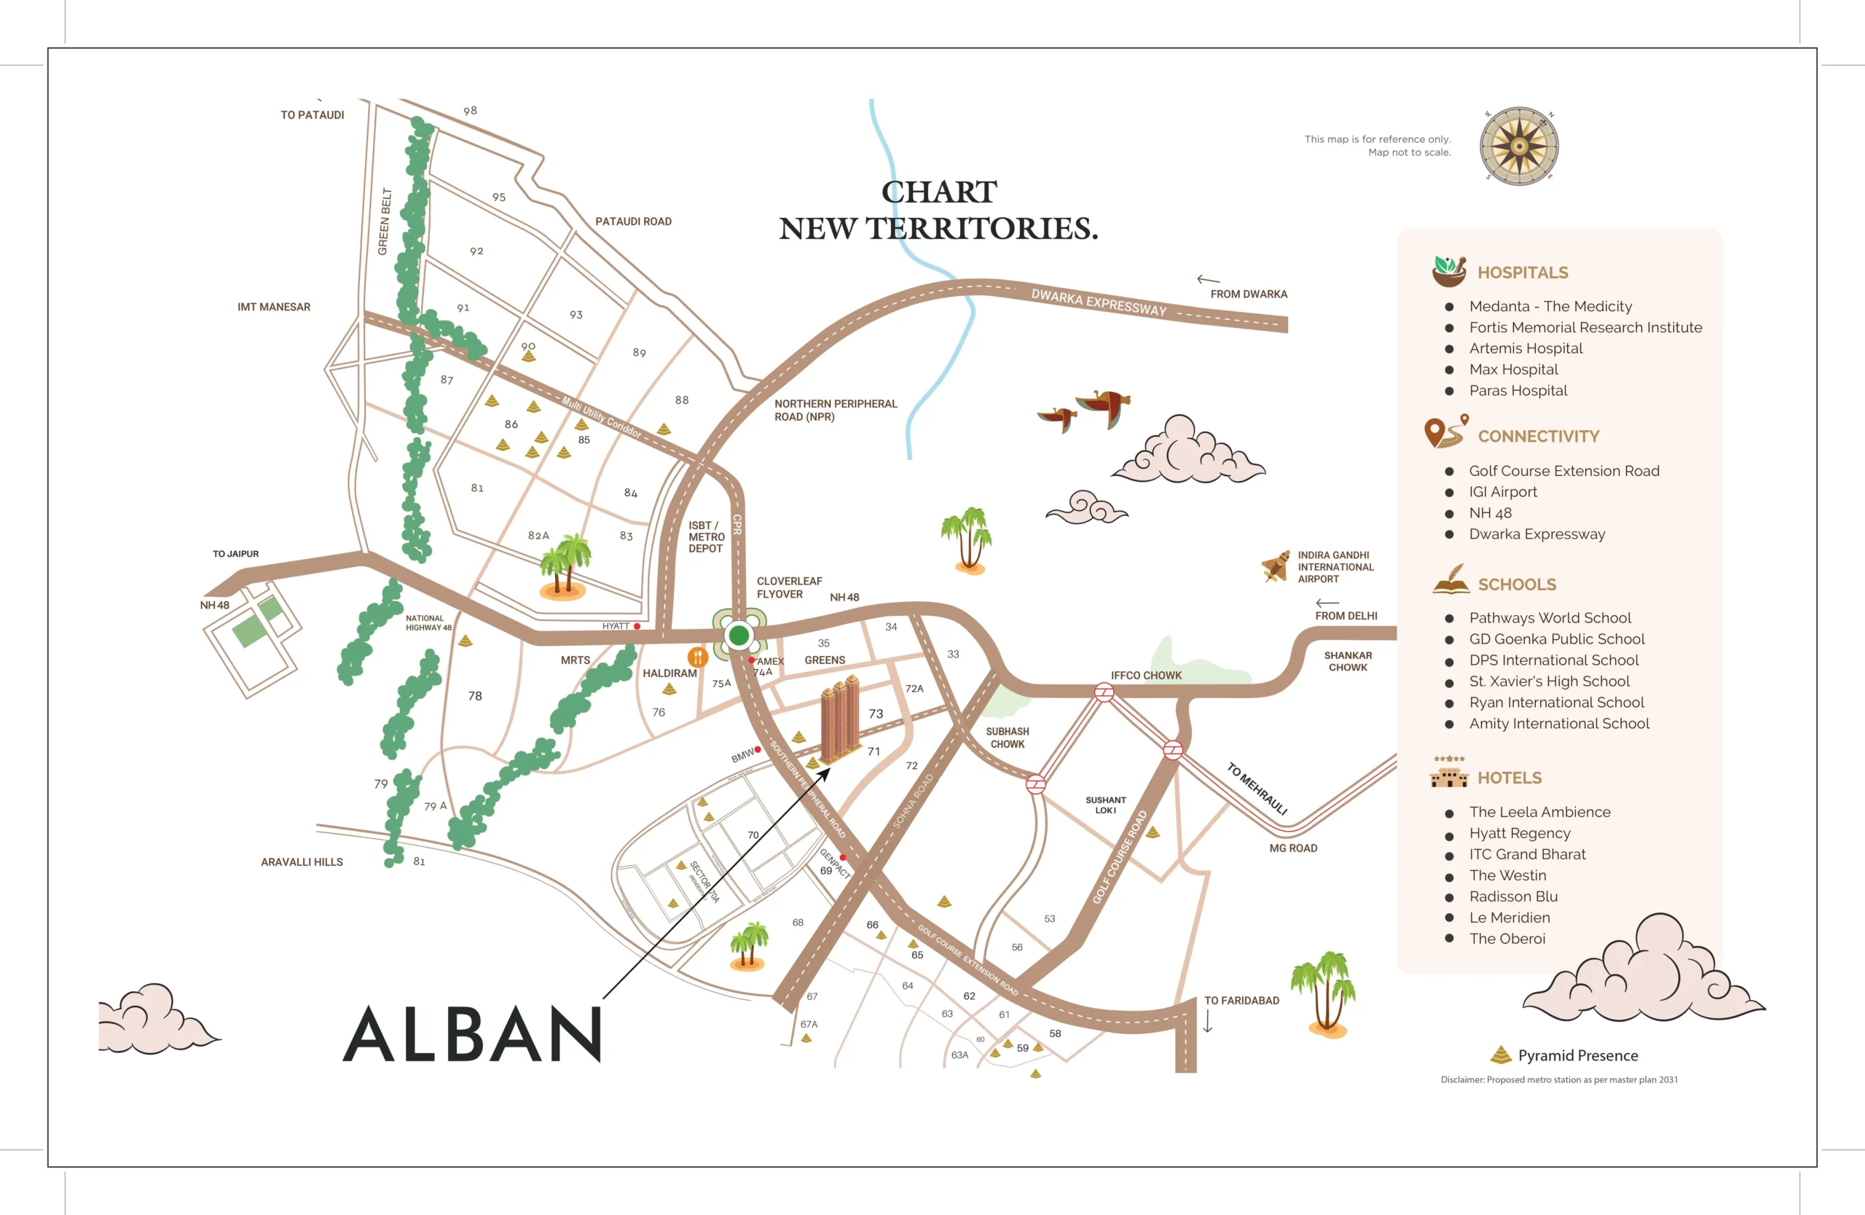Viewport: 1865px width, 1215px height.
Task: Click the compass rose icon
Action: pyautogui.click(x=1519, y=146)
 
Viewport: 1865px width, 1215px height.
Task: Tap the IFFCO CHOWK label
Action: pyautogui.click(x=1146, y=675)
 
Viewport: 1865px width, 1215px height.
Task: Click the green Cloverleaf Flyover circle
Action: pyautogui.click(x=738, y=635)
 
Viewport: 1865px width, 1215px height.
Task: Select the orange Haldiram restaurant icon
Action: pyautogui.click(x=697, y=657)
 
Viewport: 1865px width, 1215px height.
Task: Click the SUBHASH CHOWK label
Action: pyautogui.click(x=1007, y=738)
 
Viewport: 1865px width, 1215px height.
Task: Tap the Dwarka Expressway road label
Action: pyautogui.click(x=1098, y=302)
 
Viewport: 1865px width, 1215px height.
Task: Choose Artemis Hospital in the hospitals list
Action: pyautogui.click(x=1525, y=348)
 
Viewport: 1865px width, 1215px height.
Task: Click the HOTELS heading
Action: pyautogui.click(x=1509, y=778)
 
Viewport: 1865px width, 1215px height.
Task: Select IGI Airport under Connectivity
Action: pyautogui.click(x=1502, y=491)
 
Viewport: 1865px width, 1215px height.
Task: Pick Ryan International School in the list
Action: pyautogui.click(x=1556, y=703)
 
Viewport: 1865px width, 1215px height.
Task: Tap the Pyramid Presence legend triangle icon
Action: pyautogui.click(x=1501, y=1055)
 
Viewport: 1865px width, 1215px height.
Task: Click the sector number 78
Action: pyautogui.click(x=475, y=696)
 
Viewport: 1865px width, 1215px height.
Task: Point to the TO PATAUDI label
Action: pyautogui.click(x=312, y=115)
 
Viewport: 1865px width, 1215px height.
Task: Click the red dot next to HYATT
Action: pyautogui.click(x=637, y=626)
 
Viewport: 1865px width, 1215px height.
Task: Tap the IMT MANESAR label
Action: pyautogui.click(x=273, y=308)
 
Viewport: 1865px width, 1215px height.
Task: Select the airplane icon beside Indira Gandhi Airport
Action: pyautogui.click(x=1276, y=565)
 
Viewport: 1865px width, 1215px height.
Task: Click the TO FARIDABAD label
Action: pyautogui.click(x=1241, y=1000)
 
